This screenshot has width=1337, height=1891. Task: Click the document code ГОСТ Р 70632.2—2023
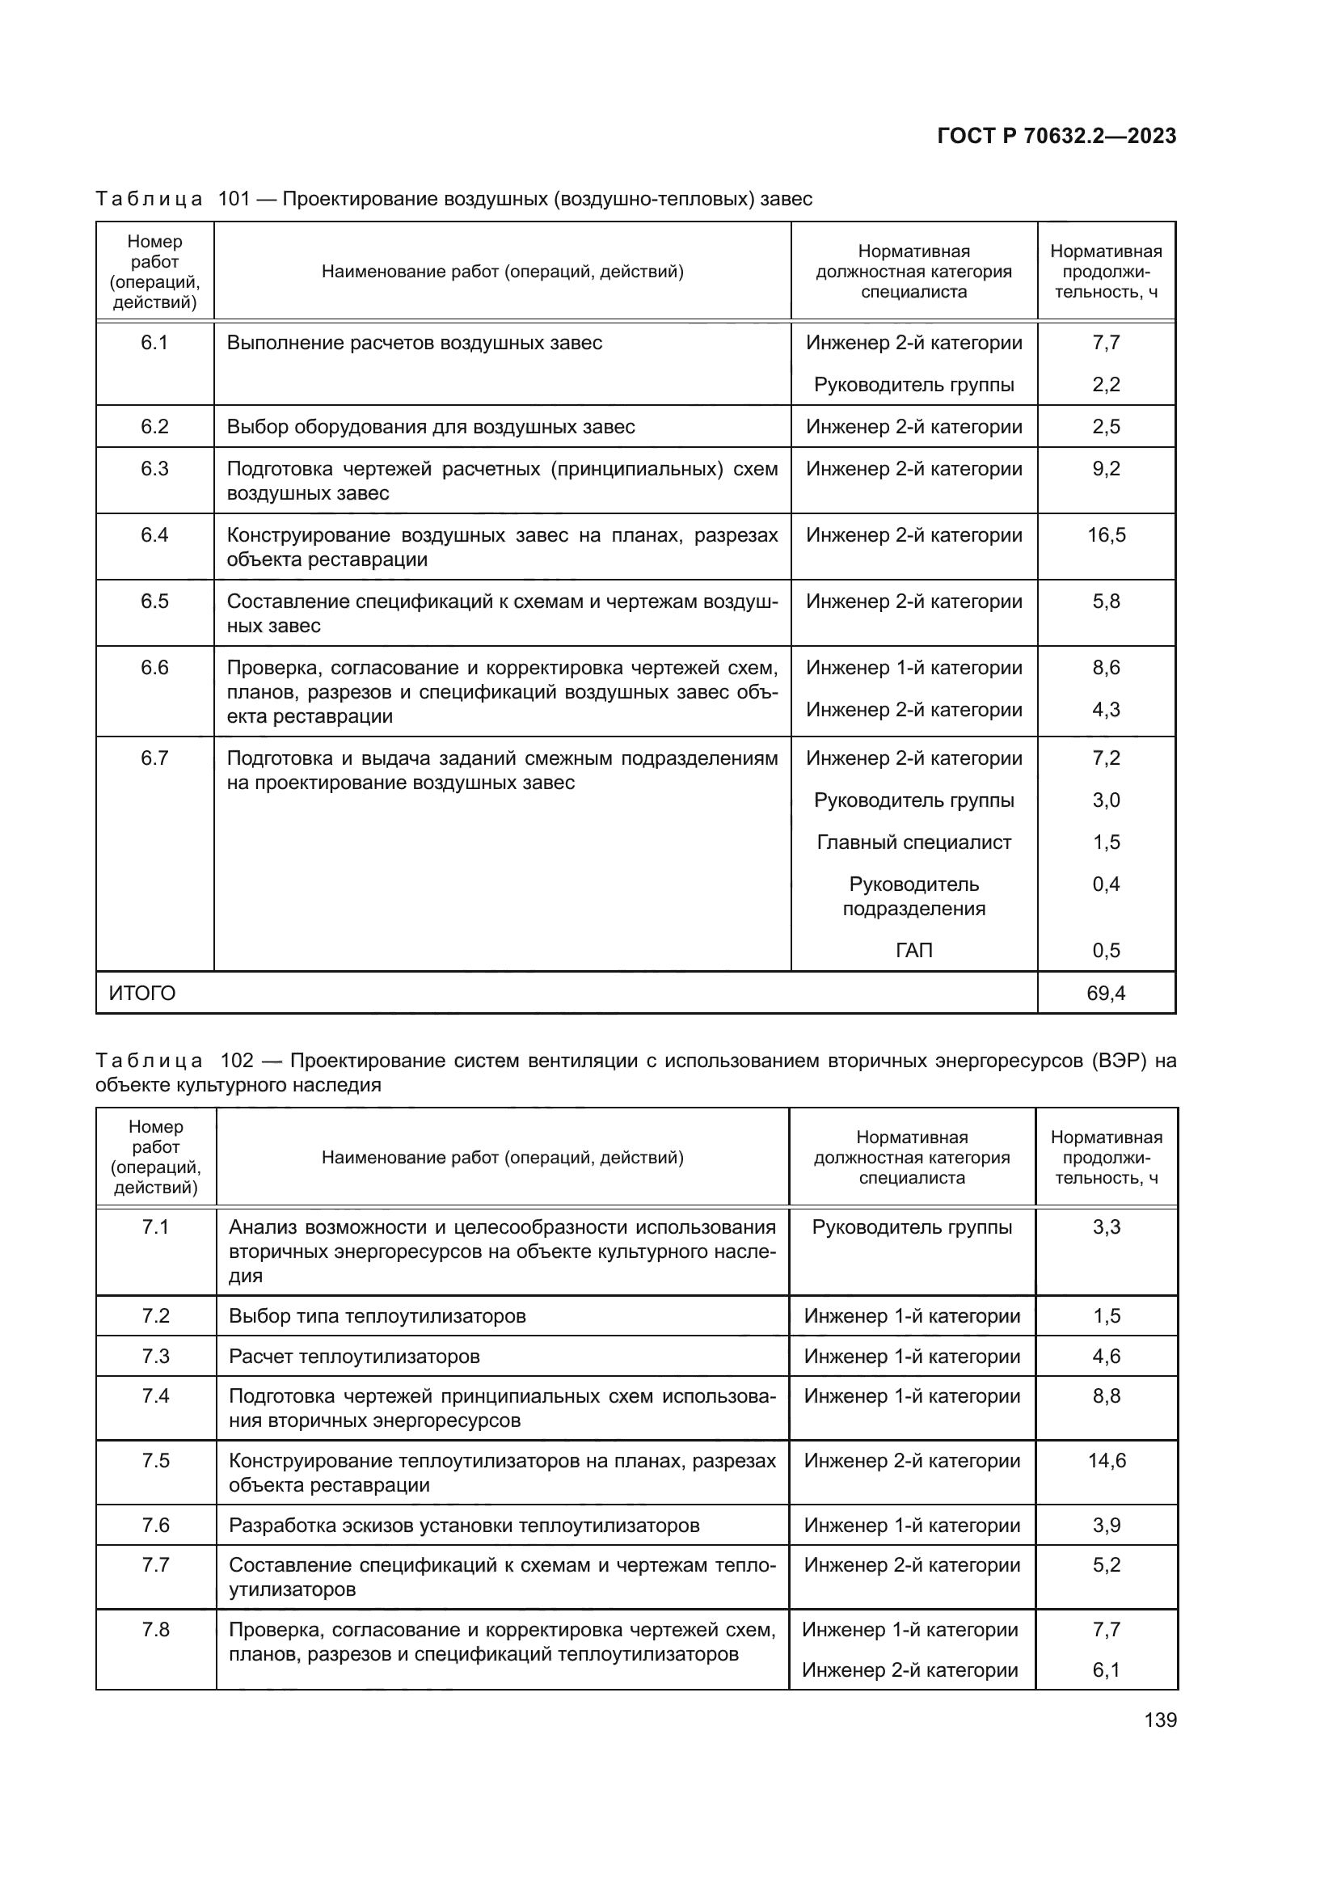click(1057, 136)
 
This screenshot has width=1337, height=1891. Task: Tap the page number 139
click(1160, 1720)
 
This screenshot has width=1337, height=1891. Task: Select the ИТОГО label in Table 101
click(142, 994)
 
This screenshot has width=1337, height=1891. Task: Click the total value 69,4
click(1106, 994)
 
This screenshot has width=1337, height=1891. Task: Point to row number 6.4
click(154, 535)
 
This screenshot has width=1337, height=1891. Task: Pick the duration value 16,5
click(1106, 535)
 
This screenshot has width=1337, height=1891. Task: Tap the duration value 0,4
click(1106, 884)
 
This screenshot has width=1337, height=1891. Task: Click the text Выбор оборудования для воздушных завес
click(431, 427)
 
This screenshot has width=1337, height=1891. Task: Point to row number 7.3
click(155, 1356)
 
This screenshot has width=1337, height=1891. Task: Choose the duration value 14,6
click(1107, 1460)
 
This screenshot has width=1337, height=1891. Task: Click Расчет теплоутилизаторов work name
click(354, 1356)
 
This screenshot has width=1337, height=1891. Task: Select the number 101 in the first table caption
click(234, 200)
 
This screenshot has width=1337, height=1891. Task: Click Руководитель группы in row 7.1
click(911, 1227)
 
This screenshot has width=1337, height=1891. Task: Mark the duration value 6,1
click(1106, 1669)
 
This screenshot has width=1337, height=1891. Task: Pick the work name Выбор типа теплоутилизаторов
click(377, 1316)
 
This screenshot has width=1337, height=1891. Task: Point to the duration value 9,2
click(1106, 469)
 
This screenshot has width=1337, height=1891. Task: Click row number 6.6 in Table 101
click(154, 668)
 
